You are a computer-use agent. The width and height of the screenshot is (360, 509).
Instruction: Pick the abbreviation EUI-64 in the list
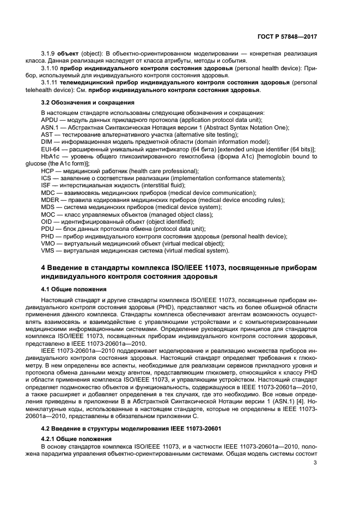click(x=51, y=149)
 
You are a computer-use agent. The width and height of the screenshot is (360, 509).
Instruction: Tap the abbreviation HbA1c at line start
click(x=51, y=156)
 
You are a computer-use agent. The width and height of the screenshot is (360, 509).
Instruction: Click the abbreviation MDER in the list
click(x=51, y=200)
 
